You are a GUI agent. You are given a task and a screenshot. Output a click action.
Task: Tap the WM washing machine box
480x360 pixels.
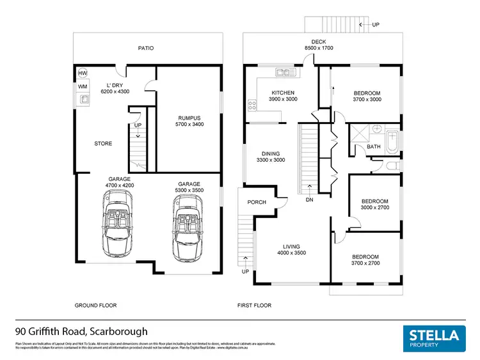(83, 86)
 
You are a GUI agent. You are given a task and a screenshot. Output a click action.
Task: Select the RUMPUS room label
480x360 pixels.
(189, 118)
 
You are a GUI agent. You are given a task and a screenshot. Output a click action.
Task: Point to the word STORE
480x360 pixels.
(103, 143)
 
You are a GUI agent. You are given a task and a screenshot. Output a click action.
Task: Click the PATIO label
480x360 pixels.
(146, 48)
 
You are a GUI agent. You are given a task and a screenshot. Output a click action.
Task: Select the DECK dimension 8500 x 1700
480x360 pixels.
(318, 49)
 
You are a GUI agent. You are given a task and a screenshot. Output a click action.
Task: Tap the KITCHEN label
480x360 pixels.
(282, 93)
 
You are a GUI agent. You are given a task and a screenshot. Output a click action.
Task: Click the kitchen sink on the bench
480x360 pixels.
(282, 72)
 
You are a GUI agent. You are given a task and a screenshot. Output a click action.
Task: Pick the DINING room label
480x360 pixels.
(271, 153)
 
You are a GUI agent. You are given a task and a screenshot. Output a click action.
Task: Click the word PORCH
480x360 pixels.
(257, 202)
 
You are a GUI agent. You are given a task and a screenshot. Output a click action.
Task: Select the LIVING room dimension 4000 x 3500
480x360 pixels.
(291, 253)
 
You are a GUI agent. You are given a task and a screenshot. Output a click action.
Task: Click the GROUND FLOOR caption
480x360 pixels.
(95, 306)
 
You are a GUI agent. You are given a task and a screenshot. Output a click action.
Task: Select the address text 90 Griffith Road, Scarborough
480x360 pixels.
(81, 332)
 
